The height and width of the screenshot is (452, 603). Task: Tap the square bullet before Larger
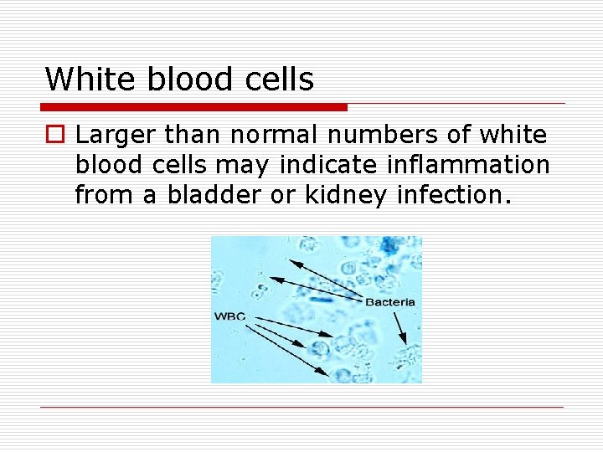tap(54, 135)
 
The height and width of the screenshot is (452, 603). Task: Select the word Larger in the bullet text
tap(116, 134)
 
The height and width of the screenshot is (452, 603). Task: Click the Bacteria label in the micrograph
tap(389, 302)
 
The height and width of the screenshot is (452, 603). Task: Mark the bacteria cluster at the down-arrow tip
tap(407, 356)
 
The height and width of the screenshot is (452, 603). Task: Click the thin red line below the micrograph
tap(301, 407)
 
